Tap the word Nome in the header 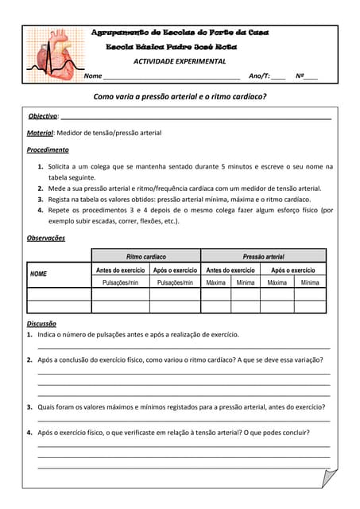(x=93, y=76)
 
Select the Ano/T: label (x=259, y=76)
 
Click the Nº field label (x=300, y=76)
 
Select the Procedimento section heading (x=48, y=150)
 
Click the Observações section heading (x=46, y=238)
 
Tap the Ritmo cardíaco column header (x=146, y=257)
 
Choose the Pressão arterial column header (x=263, y=257)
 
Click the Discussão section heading (x=41, y=324)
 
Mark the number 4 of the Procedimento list (x=41, y=210)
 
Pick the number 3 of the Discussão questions (x=29, y=406)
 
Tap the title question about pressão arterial (x=180, y=96)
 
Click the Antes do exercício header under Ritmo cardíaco (x=120, y=270)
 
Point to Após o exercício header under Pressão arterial (x=293, y=270)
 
